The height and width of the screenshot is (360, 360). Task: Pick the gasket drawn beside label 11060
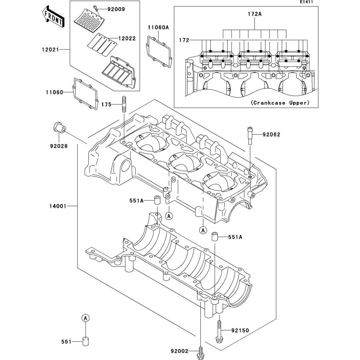point(86,93)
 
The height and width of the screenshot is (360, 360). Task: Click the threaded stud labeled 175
point(124,105)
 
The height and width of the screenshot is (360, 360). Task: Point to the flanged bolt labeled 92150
point(219,331)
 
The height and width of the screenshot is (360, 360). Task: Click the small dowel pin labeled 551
point(86,341)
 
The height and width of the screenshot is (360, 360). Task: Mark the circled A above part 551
point(85,318)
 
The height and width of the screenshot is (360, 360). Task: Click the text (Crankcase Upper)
point(280,103)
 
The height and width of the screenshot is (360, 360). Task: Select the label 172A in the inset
point(254,14)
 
